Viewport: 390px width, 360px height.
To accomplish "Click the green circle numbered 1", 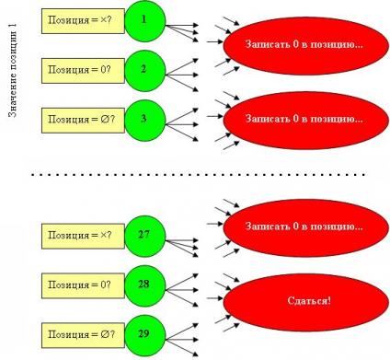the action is click(x=145, y=21).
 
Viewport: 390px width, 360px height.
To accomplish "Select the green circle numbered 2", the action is click(x=145, y=71).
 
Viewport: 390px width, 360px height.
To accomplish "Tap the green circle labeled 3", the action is click(x=145, y=121).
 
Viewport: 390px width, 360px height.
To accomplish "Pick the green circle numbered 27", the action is click(x=145, y=236).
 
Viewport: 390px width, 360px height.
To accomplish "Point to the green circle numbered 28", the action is click(x=145, y=285).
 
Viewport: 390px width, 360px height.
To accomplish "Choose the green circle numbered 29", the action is click(x=145, y=335).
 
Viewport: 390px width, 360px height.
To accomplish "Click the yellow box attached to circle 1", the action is click(x=83, y=21).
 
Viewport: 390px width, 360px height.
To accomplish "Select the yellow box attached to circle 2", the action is click(x=83, y=71).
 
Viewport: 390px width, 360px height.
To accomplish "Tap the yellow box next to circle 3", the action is click(x=83, y=121).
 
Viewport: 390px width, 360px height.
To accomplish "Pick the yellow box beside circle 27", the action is click(x=83, y=236).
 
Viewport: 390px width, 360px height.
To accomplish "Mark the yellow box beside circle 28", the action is click(x=83, y=285).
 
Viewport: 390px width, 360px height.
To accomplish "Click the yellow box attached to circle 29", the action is click(x=83, y=335).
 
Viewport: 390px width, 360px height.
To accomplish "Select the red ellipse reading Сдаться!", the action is click(x=305, y=302).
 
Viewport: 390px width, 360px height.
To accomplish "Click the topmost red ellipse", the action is click(x=305, y=46).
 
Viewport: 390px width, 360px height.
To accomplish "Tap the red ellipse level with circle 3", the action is click(x=305, y=121).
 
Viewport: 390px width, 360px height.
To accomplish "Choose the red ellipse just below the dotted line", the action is click(x=305, y=227).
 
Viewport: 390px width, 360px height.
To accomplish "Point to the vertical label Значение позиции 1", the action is click(x=13, y=71).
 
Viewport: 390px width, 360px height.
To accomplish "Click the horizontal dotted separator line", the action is click(x=199, y=174).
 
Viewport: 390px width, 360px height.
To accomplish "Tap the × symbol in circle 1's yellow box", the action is click(x=104, y=20).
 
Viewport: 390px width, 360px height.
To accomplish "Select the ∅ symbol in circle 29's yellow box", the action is click(x=104, y=334).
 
